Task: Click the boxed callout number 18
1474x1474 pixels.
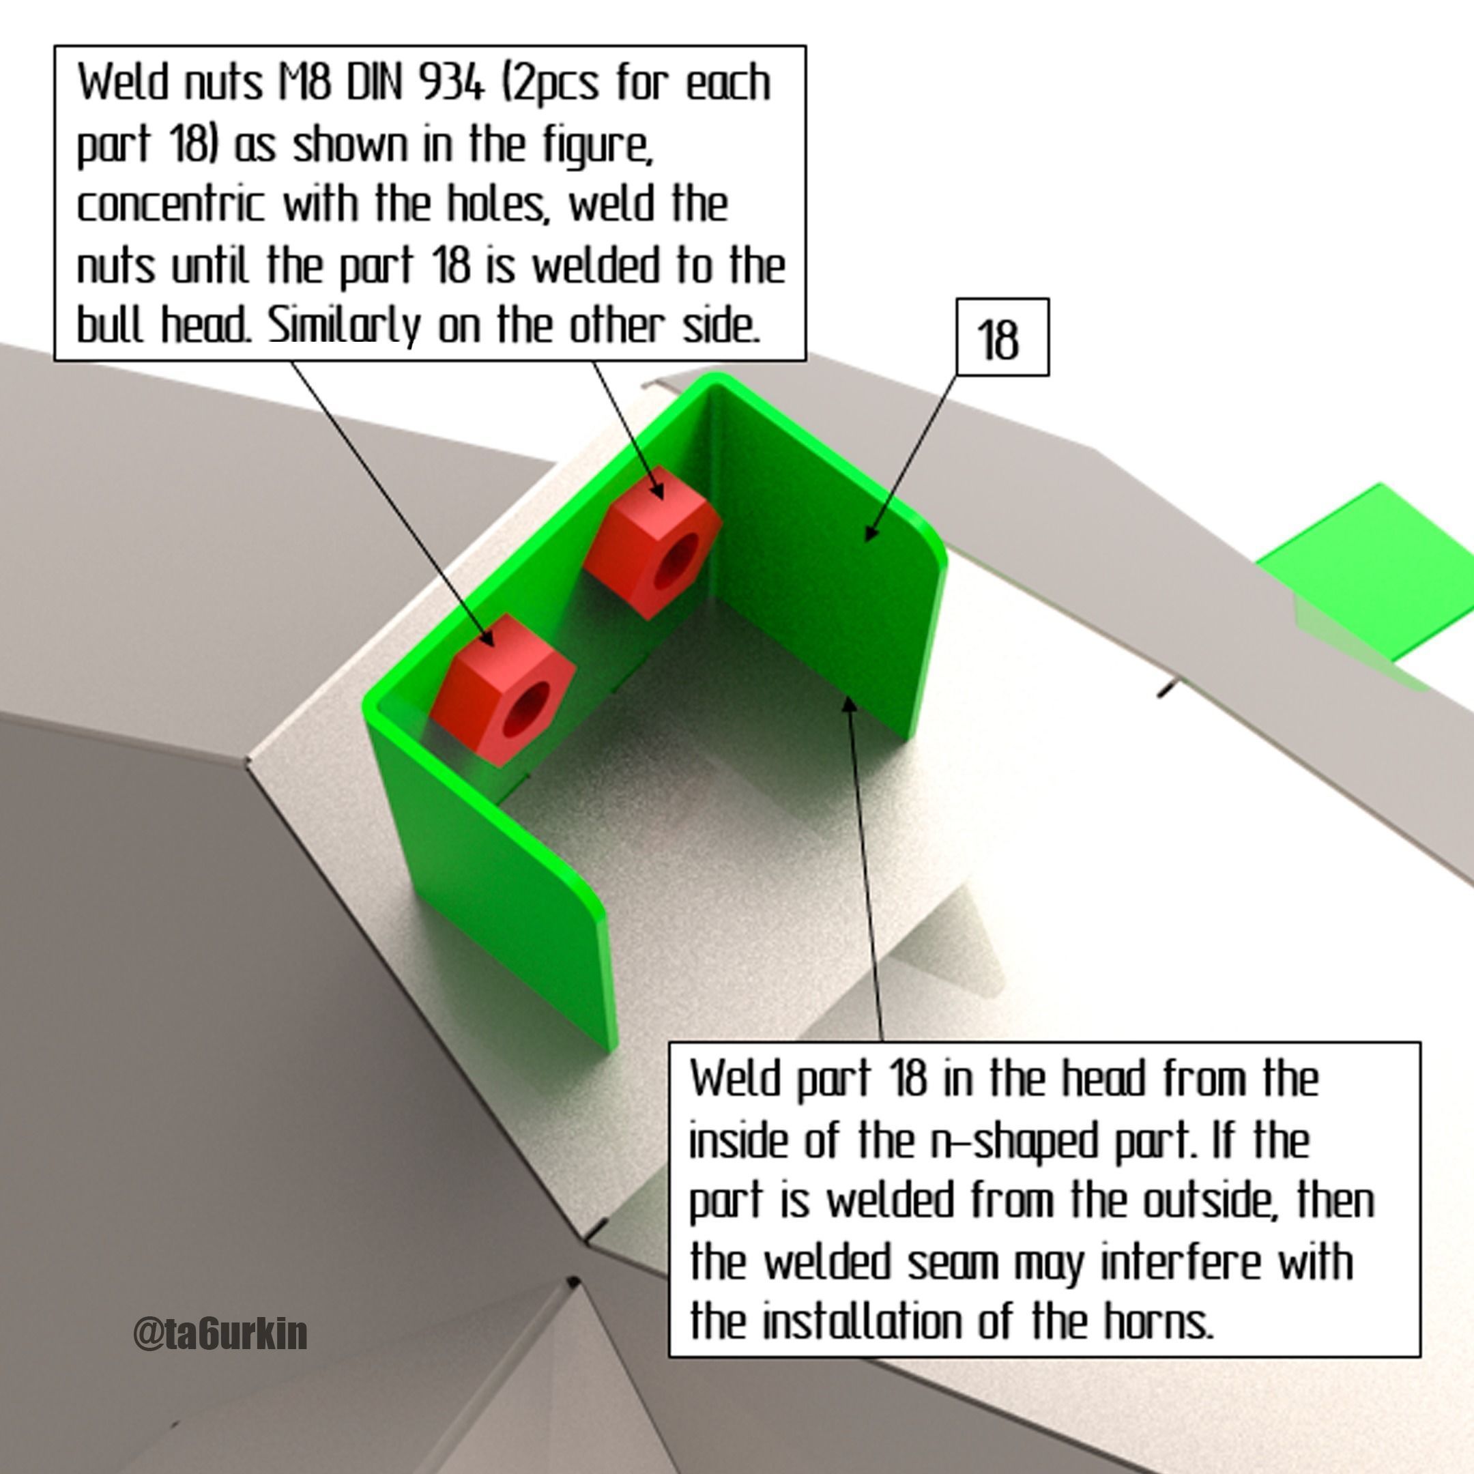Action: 997,340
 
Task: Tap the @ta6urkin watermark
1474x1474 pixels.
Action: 220,1333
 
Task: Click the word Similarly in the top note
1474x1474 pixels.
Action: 344,327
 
